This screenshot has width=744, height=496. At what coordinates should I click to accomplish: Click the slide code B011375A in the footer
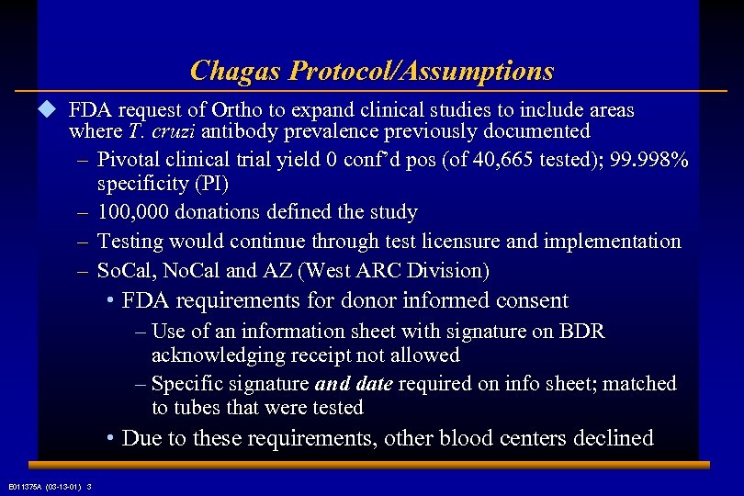coord(30,486)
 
